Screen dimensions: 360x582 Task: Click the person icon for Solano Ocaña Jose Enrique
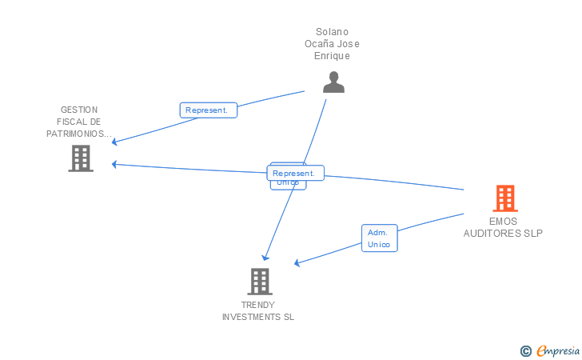click(x=333, y=82)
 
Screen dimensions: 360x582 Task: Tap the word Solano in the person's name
click(x=333, y=32)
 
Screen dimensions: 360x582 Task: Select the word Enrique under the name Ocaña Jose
click(x=333, y=56)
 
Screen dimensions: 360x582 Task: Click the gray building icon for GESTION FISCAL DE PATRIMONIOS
click(x=81, y=158)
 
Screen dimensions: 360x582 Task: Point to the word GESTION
click(x=78, y=110)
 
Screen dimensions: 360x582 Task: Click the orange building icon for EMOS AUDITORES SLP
click(x=504, y=198)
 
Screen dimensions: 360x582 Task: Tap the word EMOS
click(x=503, y=222)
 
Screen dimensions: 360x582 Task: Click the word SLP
click(x=533, y=234)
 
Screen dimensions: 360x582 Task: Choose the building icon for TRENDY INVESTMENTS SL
click(x=260, y=282)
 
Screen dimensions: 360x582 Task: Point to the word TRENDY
click(x=258, y=305)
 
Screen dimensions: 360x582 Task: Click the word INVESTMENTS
click(x=251, y=317)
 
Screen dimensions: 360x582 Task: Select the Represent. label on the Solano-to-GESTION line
click(x=208, y=110)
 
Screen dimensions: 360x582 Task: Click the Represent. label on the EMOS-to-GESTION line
click(x=297, y=173)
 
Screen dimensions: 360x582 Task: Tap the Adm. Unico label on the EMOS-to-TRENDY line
click(x=379, y=238)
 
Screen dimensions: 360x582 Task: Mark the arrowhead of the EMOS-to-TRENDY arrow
click(x=297, y=263)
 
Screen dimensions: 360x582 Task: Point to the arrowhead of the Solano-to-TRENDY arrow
click(x=266, y=258)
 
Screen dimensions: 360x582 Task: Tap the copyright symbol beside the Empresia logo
click(x=525, y=350)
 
